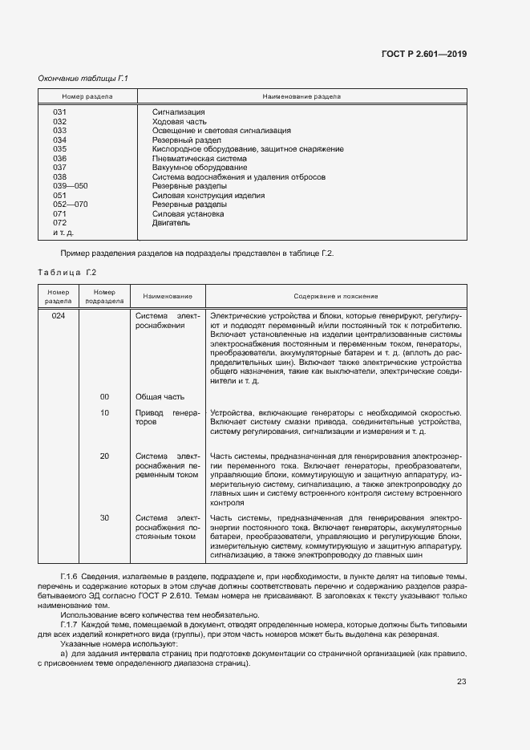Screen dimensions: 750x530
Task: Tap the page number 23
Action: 461,682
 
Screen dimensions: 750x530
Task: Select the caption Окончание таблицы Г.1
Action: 83,78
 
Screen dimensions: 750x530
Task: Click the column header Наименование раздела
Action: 301,96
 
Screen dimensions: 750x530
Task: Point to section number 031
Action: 59,112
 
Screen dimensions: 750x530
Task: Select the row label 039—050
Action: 70,186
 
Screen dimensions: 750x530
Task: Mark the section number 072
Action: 59,223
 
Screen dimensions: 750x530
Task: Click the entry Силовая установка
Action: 188,214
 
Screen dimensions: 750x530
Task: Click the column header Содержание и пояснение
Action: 336,296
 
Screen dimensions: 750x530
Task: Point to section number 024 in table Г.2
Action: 59,316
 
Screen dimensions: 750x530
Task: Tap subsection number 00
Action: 104,397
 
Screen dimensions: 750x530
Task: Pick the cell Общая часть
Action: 160,397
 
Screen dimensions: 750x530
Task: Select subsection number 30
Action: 104,518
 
